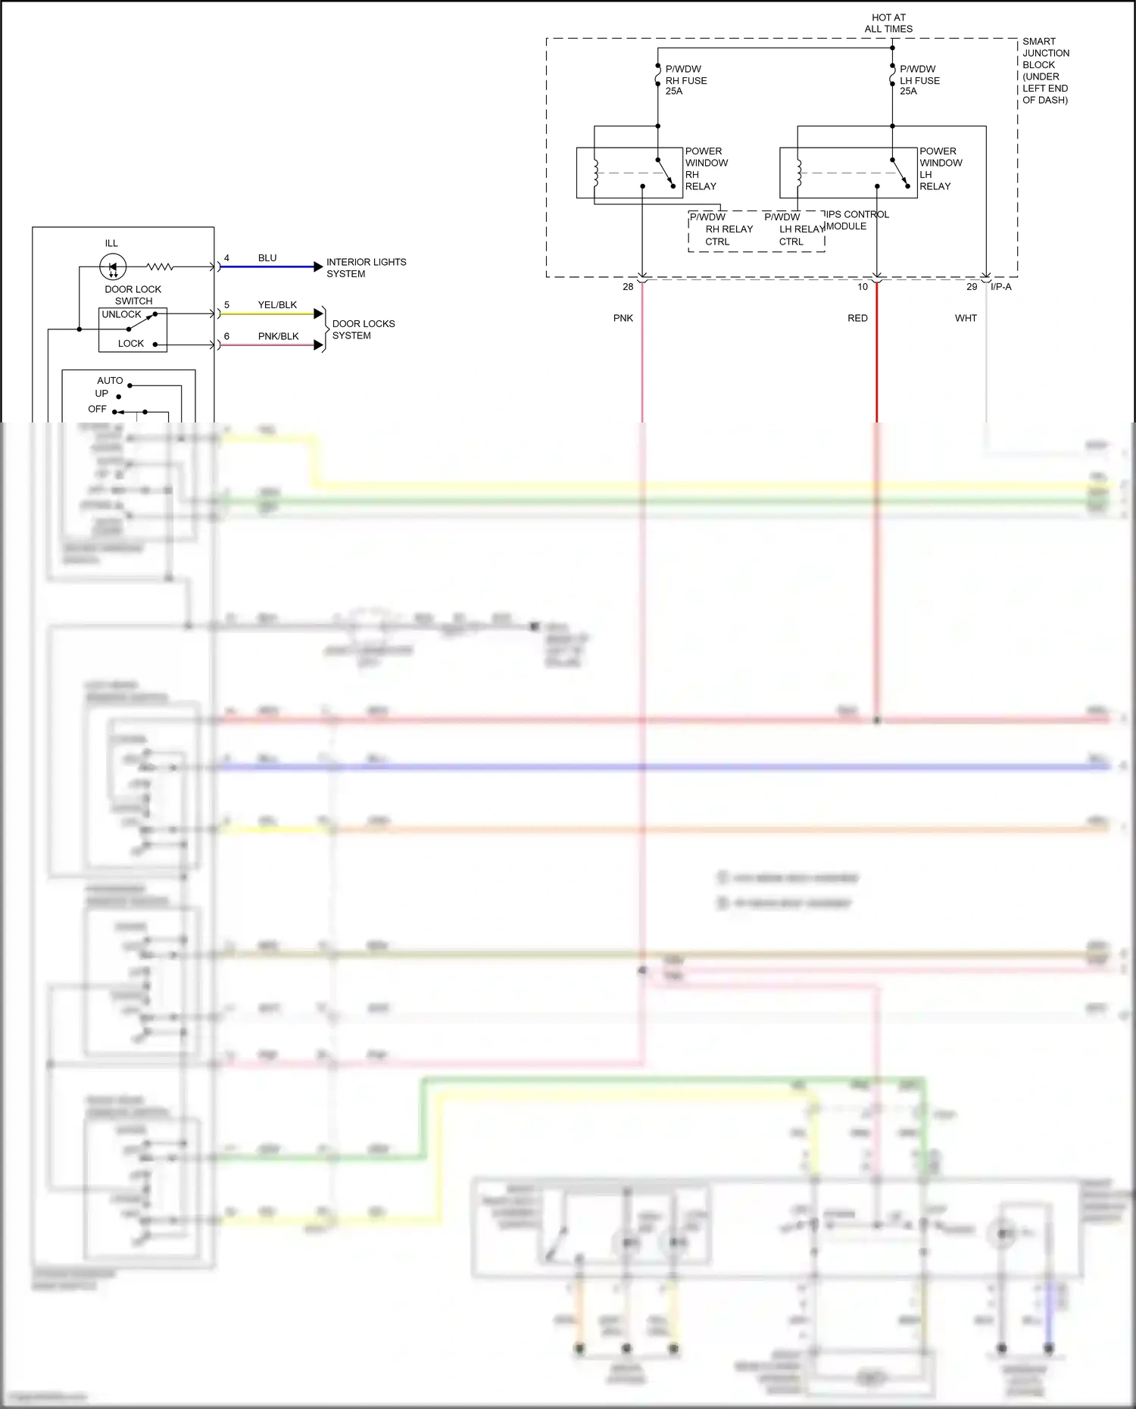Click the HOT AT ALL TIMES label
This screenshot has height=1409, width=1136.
[888, 23]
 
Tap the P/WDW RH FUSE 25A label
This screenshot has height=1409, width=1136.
[685, 80]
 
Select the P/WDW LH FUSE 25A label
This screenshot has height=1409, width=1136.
[919, 80]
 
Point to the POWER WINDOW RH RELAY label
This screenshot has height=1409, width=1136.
[706, 169]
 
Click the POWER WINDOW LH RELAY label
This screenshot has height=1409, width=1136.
[940, 169]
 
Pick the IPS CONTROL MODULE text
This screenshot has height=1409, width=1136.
[856, 220]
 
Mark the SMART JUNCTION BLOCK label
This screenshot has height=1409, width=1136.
[1045, 70]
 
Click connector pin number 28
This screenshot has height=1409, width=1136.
[628, 287]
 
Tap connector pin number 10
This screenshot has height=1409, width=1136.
[863, 287]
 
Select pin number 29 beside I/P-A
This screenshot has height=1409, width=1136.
[972, 287]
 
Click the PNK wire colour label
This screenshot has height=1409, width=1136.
[623, 318]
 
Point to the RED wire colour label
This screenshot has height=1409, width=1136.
[857, 318]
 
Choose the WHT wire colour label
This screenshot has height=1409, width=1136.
[966, 318]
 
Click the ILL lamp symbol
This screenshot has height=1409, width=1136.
[113, 267]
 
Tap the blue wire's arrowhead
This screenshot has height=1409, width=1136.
[318, 267]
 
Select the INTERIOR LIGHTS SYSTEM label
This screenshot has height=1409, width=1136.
[366, 268]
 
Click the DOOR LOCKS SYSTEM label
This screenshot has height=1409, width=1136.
[363, 329]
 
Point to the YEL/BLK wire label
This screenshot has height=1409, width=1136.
[277, 305]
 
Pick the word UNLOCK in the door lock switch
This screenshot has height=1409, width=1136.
[121, 314]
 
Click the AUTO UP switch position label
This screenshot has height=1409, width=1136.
[107, 387]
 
